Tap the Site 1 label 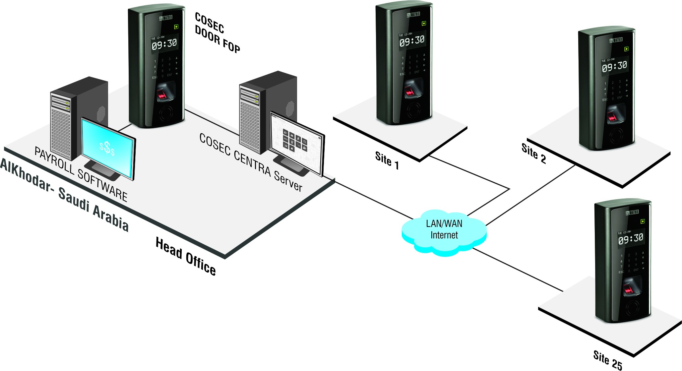pyautogui.click(x=387, y=160)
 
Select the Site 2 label pyautogui.click(x=533, y=153)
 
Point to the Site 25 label pyautogui.click(x=607, y=360)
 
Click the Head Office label pyautogui.click(x=186, y=256)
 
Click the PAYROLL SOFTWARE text pyautogui.click(x=81, y=174)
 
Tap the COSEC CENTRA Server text pyautogui.click(x=251, y=162)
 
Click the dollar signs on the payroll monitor pyautogui.click(x=107, y=148)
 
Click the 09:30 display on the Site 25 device pyautogui.click(x=630, y=238)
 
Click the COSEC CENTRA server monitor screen pyautogui.click(x=296, y=144)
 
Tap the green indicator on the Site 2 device pyautogui.click(x=626, y=49)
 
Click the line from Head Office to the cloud pyautogui.click(x=371, y=199)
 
